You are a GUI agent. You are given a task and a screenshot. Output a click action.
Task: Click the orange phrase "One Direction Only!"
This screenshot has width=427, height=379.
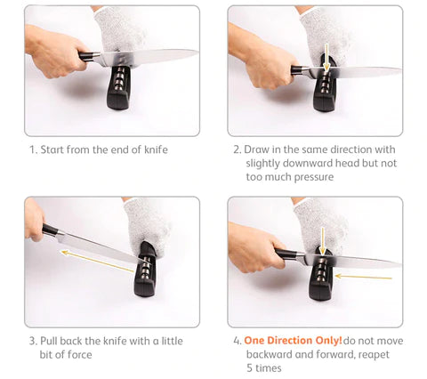tap(293, 341)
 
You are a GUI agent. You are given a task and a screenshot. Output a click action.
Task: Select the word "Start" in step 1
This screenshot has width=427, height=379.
tap(52, 149)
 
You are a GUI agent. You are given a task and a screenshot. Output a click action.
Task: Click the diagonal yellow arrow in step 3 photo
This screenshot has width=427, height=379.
tap(98, 262)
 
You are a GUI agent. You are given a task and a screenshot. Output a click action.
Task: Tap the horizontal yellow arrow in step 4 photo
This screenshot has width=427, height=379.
tap(364, 278)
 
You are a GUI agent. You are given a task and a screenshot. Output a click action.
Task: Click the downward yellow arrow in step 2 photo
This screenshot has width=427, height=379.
tap(326, 58)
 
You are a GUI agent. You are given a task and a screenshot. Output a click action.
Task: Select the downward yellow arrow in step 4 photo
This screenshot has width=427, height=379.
tap(322, 241)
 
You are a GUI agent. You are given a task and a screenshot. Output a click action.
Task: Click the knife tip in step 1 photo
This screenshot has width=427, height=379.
tap(197, 52)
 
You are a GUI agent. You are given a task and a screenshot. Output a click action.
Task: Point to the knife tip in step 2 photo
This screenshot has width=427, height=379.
tap(400, 70)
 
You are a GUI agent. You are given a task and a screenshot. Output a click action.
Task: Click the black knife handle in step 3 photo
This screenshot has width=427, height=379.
tap(50, 230)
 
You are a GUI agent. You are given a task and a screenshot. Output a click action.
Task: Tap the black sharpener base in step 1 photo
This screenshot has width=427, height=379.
tap(119, 88)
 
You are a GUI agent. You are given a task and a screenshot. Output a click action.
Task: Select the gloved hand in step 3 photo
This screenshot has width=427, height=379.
tap(146, 223)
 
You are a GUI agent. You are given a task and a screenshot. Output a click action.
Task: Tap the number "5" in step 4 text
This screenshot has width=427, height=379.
tap(250, 368)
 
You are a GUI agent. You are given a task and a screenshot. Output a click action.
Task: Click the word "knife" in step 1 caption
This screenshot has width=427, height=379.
tap(156, 149)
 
